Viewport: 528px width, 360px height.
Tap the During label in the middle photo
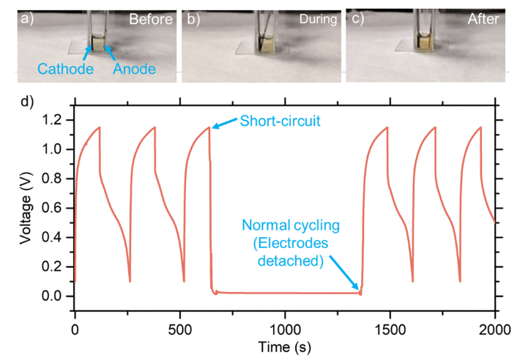tap(317, 20)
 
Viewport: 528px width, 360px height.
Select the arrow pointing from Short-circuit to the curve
tap(225, 124)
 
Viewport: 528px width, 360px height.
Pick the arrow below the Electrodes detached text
tap(343, 272)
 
